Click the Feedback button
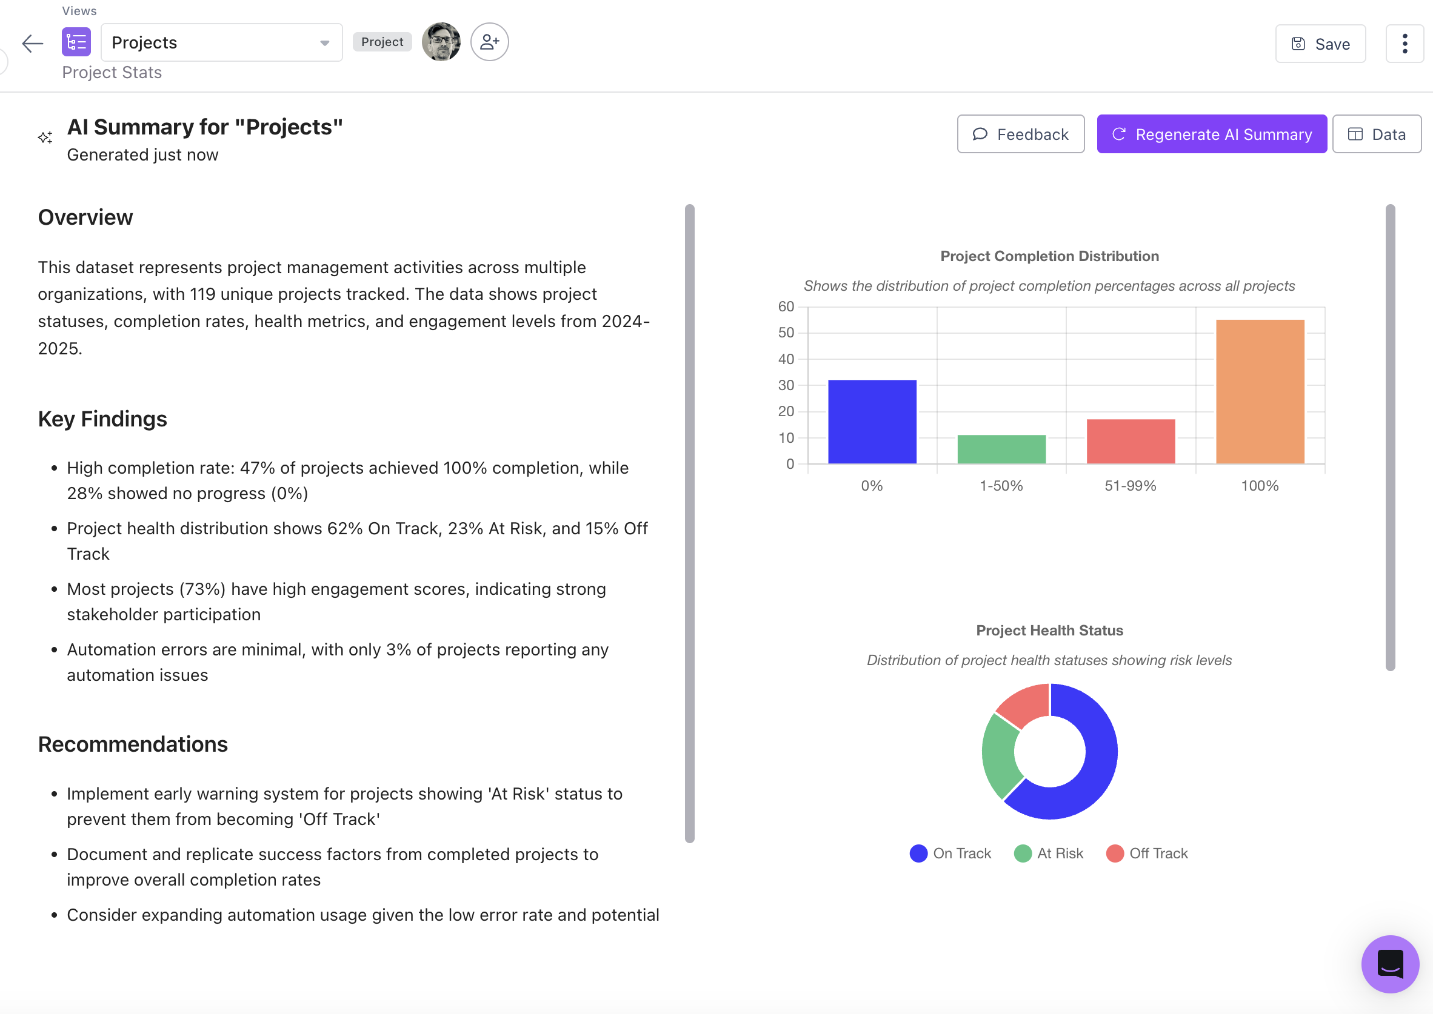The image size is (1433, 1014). (x=1020, y=134)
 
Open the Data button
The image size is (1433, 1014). (x=1376, y=134)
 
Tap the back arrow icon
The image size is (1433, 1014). (x=33, y=43)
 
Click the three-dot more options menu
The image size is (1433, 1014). (x=1405, y=44)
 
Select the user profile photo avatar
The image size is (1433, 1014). (x=441, y=42)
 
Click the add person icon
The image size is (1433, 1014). (x=489, y=42)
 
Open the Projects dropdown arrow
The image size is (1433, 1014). (x=325, y=43)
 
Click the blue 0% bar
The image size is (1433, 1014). (x=872, y=422)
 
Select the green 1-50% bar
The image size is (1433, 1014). (x=1001, y=449)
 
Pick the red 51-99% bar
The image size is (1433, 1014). (x=1131, y=442)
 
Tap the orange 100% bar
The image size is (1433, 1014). (x=1260, y=391)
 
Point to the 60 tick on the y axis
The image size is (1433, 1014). (x=786, y=307)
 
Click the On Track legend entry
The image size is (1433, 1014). (x=950, y=853)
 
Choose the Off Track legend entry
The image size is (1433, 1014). (x=1147, y=853)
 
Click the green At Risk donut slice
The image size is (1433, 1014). (x=999, y=755)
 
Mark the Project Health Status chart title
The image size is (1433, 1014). (x=1049, y=631)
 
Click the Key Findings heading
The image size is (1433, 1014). (x=102, y=419)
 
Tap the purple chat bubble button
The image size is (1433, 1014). (x=1390, y=964)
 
